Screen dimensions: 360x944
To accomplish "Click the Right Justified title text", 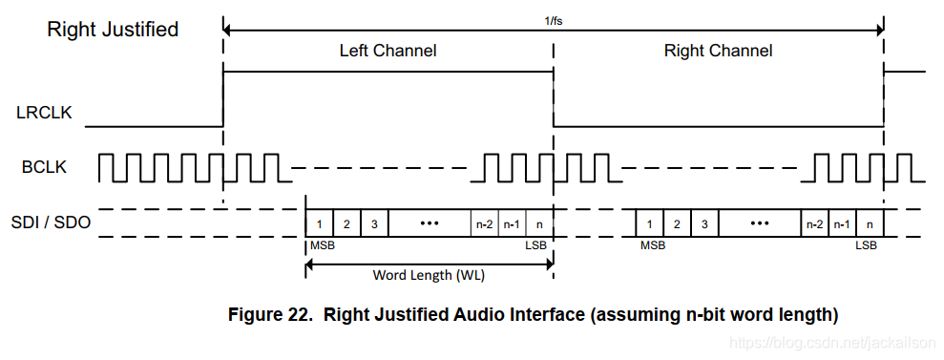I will coord(113,30).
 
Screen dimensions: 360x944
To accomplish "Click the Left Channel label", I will coord(388,51).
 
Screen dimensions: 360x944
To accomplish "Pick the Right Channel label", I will coord(718,51).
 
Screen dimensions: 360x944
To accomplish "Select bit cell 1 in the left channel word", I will coord(319,224).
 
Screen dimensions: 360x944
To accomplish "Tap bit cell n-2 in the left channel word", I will coord(485,224).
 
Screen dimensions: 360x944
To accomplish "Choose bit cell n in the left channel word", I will coord(539,224).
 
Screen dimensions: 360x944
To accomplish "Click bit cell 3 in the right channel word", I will coord(704,224).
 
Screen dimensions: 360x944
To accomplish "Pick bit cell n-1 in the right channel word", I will coord(842,224).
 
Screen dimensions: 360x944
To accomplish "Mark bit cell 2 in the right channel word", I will coord(677,224).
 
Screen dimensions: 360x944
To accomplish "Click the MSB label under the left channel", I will coord(322,245).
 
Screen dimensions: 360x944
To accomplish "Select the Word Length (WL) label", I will coord(427,275).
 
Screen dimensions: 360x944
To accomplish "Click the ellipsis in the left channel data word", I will coord(430,224).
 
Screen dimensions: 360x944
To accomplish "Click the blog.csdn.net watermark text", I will coord(830,342).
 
